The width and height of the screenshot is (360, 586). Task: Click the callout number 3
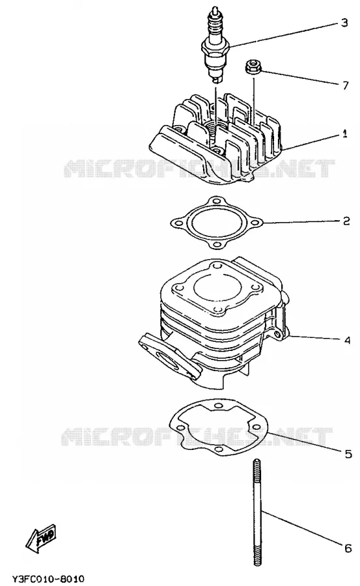pos(344,23)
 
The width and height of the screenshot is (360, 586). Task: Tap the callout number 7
pos(345,85)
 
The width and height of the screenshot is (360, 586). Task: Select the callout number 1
pos(344,133)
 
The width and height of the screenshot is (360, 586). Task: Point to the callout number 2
pos(346,221)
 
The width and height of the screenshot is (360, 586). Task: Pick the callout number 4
pos(347,341)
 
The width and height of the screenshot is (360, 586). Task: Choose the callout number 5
pos(348,454)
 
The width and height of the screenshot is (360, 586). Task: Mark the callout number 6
pos(348,548)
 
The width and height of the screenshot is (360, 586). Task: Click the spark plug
pos(215,44)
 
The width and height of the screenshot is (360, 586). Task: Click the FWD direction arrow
pos(41,538)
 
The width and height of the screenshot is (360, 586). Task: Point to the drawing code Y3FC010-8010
pos(48,579)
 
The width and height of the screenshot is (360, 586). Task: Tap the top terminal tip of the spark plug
pos(215,9)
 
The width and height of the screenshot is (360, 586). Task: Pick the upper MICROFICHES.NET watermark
pos(199,169)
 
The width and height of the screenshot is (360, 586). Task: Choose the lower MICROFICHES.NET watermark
pos(197,436)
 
